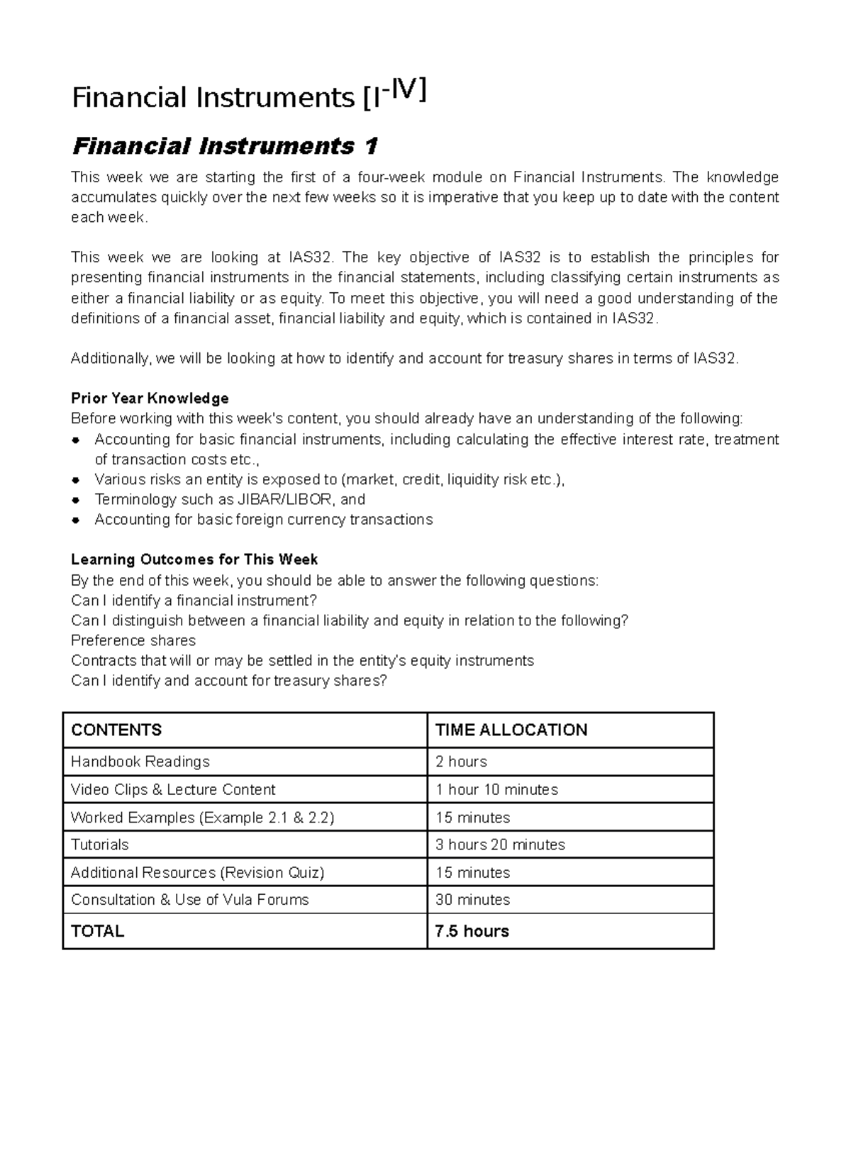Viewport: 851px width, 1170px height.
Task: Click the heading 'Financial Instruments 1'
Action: click(x=225, y=147)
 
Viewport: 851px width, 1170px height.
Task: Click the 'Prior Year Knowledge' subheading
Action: click(x=150, y=398)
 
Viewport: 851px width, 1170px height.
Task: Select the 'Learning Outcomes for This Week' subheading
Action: click(x=194, y=559)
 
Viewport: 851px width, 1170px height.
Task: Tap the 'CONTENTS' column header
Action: click(x=116, y=730)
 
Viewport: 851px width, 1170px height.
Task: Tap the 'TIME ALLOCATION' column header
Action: click(x=511, y=730)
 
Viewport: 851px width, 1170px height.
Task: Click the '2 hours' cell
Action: click(x=461, y=762)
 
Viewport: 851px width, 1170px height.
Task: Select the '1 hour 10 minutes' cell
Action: click(x=496, y=789)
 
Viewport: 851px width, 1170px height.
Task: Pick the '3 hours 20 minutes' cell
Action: click(x=500, y=845)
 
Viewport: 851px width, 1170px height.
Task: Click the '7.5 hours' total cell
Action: click(x=472, y=931)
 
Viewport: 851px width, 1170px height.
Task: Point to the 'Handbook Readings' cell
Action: click(x=140, y=762)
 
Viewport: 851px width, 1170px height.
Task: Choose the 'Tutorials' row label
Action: click(x=100, y=845)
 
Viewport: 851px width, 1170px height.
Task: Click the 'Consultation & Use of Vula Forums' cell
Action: click(x=190, y=900)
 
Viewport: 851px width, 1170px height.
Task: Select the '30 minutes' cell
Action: click(x=472, y=900)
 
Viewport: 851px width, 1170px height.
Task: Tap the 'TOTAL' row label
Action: click(x=98, y=931)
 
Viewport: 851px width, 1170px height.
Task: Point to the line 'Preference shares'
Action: click(x=133, y=640)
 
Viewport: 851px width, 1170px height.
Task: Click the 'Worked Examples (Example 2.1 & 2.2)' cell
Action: click(x=202, y=817)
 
